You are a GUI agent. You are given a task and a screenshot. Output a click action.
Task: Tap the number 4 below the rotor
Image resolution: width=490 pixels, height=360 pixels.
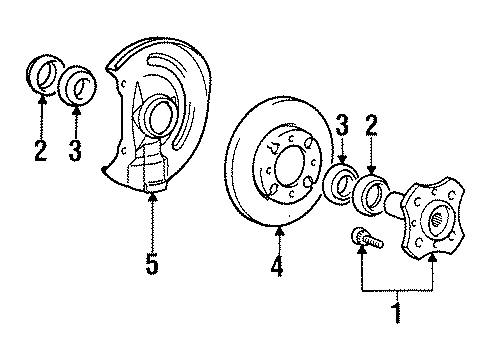click(277, 267)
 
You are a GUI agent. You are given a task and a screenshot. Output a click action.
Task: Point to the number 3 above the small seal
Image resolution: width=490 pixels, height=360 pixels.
click(342, 126)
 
